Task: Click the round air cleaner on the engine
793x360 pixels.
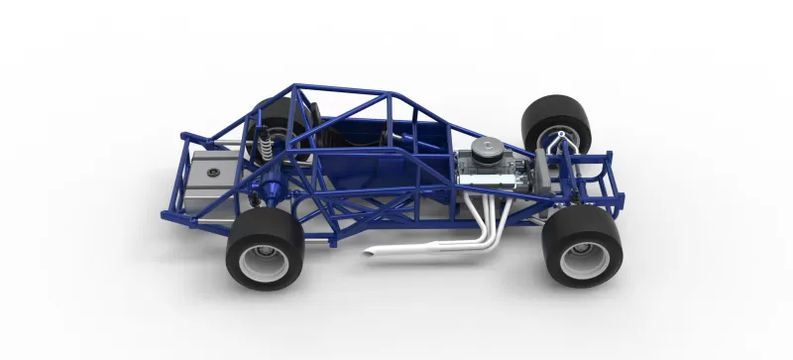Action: coord(488,149)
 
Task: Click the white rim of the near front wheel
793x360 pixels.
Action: coord(579,261)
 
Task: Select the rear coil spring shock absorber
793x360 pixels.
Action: coord(266,147)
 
